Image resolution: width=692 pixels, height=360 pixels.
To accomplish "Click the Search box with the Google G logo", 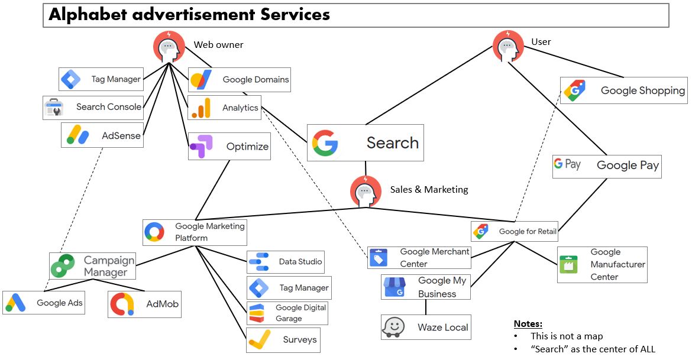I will point(365,142).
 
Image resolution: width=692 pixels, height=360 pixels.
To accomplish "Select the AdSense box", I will point(102,135).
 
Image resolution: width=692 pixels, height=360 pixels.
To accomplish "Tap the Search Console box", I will point(93,108).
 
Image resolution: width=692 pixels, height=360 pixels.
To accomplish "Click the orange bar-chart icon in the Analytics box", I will point(201,108).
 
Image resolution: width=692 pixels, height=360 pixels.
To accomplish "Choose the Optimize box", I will point(229,147).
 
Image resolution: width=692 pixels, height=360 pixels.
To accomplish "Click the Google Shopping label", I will point(642,90).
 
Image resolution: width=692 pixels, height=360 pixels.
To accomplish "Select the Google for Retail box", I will point(515,231).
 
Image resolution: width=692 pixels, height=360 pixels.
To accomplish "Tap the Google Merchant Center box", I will point(419,258).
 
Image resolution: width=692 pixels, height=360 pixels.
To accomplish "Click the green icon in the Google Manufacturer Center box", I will point(568,264).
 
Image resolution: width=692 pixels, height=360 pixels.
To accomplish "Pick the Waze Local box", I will point(426,327).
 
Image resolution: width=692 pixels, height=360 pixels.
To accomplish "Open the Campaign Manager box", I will point(92,266).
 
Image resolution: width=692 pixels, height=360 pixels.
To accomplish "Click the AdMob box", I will point(144,304).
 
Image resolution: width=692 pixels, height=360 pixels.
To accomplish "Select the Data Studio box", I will point(286,262).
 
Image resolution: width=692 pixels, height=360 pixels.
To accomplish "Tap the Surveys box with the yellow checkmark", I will point(283,340).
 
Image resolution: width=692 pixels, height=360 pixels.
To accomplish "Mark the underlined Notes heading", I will point(528,323).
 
